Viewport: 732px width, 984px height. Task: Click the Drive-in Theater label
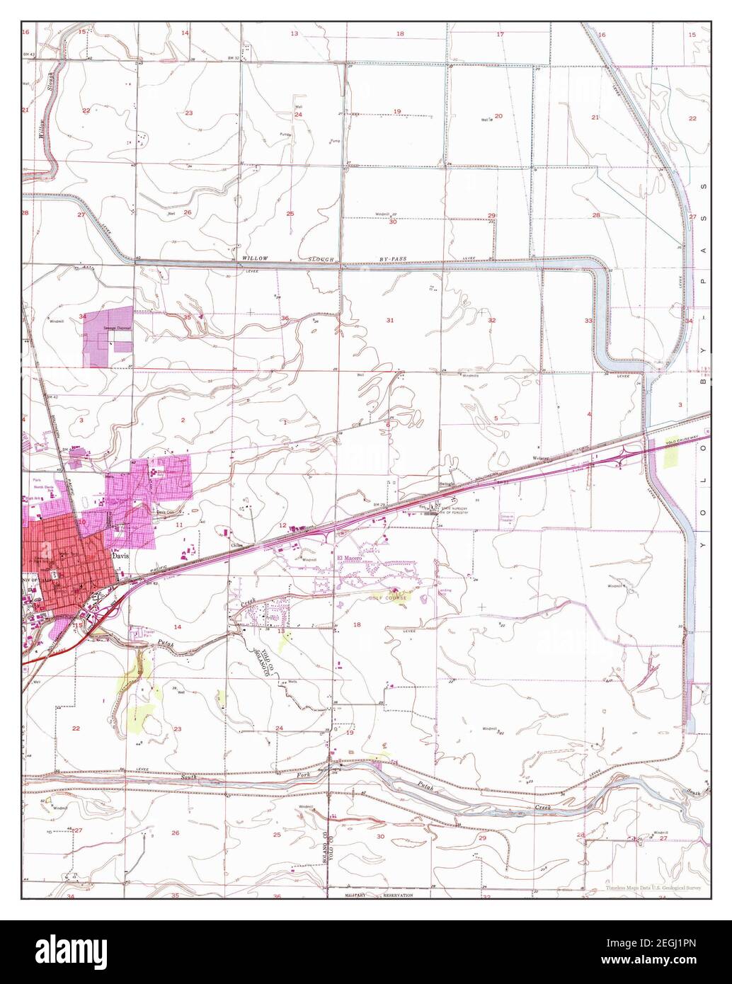(x=510, y=517)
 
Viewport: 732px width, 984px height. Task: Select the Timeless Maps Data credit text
(x=651, y=886)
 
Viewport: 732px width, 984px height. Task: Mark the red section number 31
(x=390, y=321)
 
